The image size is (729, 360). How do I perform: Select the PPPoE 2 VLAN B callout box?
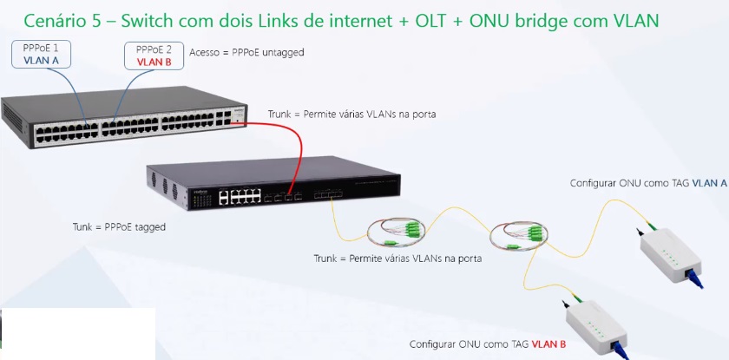154,55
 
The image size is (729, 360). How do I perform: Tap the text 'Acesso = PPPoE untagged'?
246,53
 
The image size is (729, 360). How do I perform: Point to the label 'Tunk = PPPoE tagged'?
119,227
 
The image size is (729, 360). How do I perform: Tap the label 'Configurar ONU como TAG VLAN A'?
648,183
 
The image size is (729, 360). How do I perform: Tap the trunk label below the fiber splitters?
398,259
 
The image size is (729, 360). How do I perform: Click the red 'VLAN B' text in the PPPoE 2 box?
154,62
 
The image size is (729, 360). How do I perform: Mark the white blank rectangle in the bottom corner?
78,333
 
